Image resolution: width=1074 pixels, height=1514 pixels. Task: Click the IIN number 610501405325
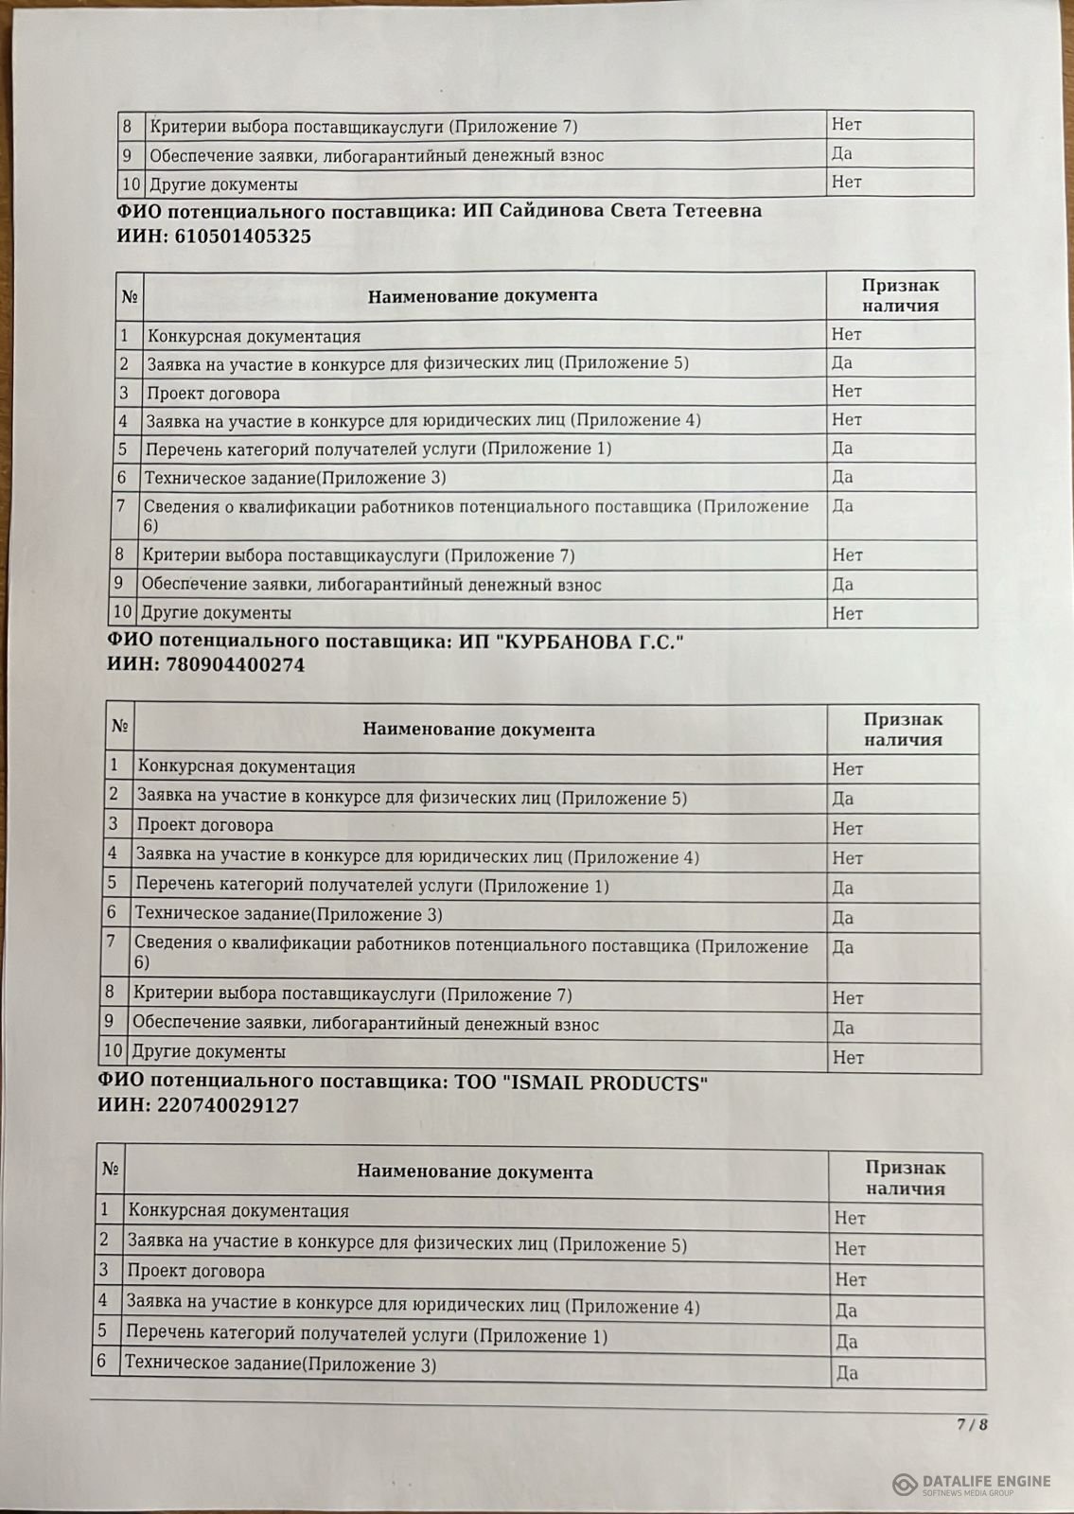coord(242,237)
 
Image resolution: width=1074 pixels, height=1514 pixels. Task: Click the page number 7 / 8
coord(972,1424)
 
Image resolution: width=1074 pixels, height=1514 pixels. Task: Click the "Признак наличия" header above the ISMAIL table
coord(906,1178)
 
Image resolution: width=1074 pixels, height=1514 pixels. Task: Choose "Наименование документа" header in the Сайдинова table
coord(483,295)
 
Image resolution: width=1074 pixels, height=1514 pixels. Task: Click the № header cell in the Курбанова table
coord(119,727)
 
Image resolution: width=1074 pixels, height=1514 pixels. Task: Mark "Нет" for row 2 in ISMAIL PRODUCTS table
coord(850,1249)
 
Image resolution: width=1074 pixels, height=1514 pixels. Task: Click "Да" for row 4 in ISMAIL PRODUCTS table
coord(846,1311)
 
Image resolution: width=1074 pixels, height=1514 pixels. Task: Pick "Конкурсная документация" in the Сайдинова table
coord(254,336)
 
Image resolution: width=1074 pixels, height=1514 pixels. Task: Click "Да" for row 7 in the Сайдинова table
coord(842,505)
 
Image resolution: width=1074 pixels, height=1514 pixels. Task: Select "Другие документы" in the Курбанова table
coord(208,1051)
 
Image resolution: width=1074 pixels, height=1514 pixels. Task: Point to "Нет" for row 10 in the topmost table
coord(846,182)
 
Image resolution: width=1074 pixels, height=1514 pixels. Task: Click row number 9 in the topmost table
coord(127,155)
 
